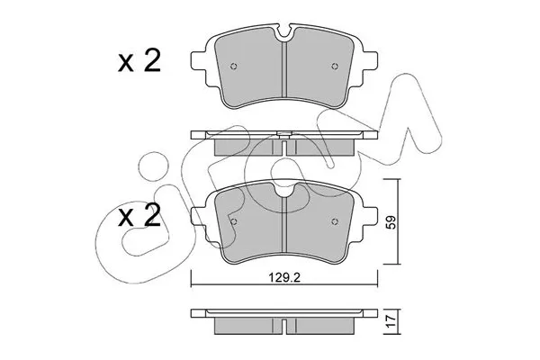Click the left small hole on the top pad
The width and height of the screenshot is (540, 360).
tap(234, 67)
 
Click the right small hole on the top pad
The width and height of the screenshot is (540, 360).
tap(335, 67)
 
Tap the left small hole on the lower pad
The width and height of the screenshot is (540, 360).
tap(234, 222)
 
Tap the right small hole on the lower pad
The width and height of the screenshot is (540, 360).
tap(335, 222)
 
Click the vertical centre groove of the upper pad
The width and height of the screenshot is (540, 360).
tap(284, 76)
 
